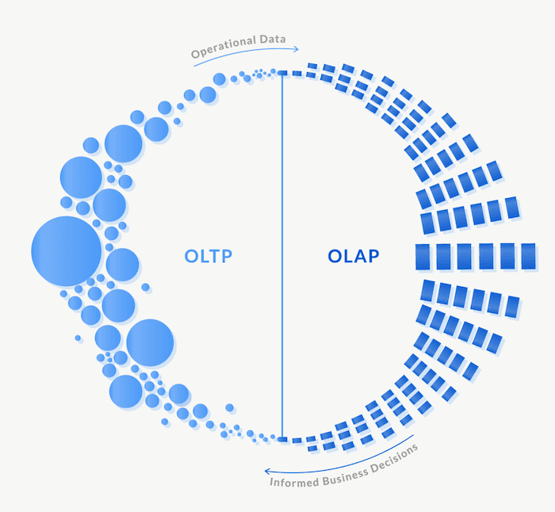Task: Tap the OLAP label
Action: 354,257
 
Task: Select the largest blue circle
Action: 67,251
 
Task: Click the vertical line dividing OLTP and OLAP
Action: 282,254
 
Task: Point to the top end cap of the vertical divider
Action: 282,73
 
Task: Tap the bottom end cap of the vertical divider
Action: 282,437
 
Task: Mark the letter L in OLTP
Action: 205,257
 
